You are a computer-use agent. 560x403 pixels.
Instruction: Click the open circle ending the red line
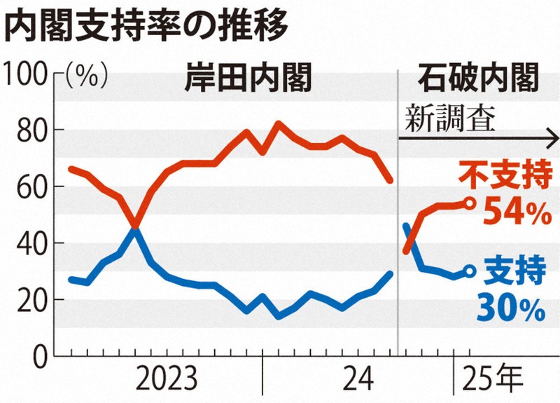click(470, 203)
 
